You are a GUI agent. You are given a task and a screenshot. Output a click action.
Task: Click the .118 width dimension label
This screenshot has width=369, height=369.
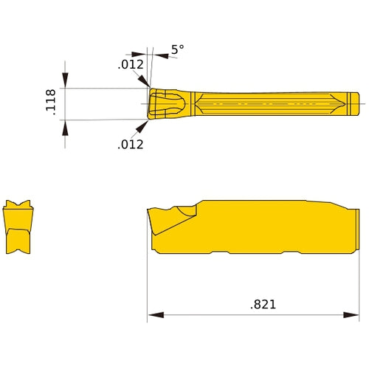coord(51,103)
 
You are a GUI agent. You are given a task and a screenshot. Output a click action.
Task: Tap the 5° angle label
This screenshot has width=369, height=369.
coord(177,50)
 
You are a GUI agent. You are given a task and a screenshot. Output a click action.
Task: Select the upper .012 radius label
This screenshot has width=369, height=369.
coord(130,65)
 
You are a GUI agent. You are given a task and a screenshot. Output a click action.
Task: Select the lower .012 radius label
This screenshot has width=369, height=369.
coord(130,144)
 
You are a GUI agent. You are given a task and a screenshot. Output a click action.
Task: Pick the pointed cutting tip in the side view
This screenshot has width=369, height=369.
coord(150,212)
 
